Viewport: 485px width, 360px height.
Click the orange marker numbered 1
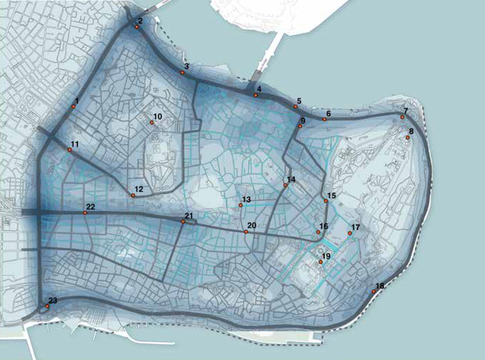[73, 106]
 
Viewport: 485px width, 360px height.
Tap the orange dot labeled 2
[137, 27]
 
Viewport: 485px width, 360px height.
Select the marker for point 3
[182, 72]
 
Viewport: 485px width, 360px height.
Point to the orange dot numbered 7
[402, 117]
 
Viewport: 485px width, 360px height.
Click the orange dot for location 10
[152, 122]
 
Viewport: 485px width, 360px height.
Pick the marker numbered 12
[133, 195]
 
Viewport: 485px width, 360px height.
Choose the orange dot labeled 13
[240, 205]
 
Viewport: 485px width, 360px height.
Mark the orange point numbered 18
[374, 291]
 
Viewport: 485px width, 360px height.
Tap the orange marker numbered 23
[47, 306]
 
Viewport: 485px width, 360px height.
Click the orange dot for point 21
[183, 221]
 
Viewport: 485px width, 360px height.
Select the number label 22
[91, 206]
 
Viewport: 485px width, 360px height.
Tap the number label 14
[291, 179]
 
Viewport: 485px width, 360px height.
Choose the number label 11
[74, 144]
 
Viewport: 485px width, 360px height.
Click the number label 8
[411, 131]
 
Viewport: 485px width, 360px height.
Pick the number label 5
[299, 100]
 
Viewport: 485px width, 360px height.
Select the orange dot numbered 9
[300, 126]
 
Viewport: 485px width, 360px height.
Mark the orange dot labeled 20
[246, 231]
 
